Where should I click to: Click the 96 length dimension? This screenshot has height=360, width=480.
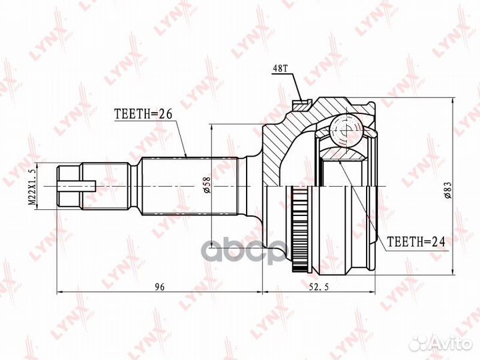[159, 287]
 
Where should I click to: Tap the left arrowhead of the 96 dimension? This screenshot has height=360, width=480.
[61, 292]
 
